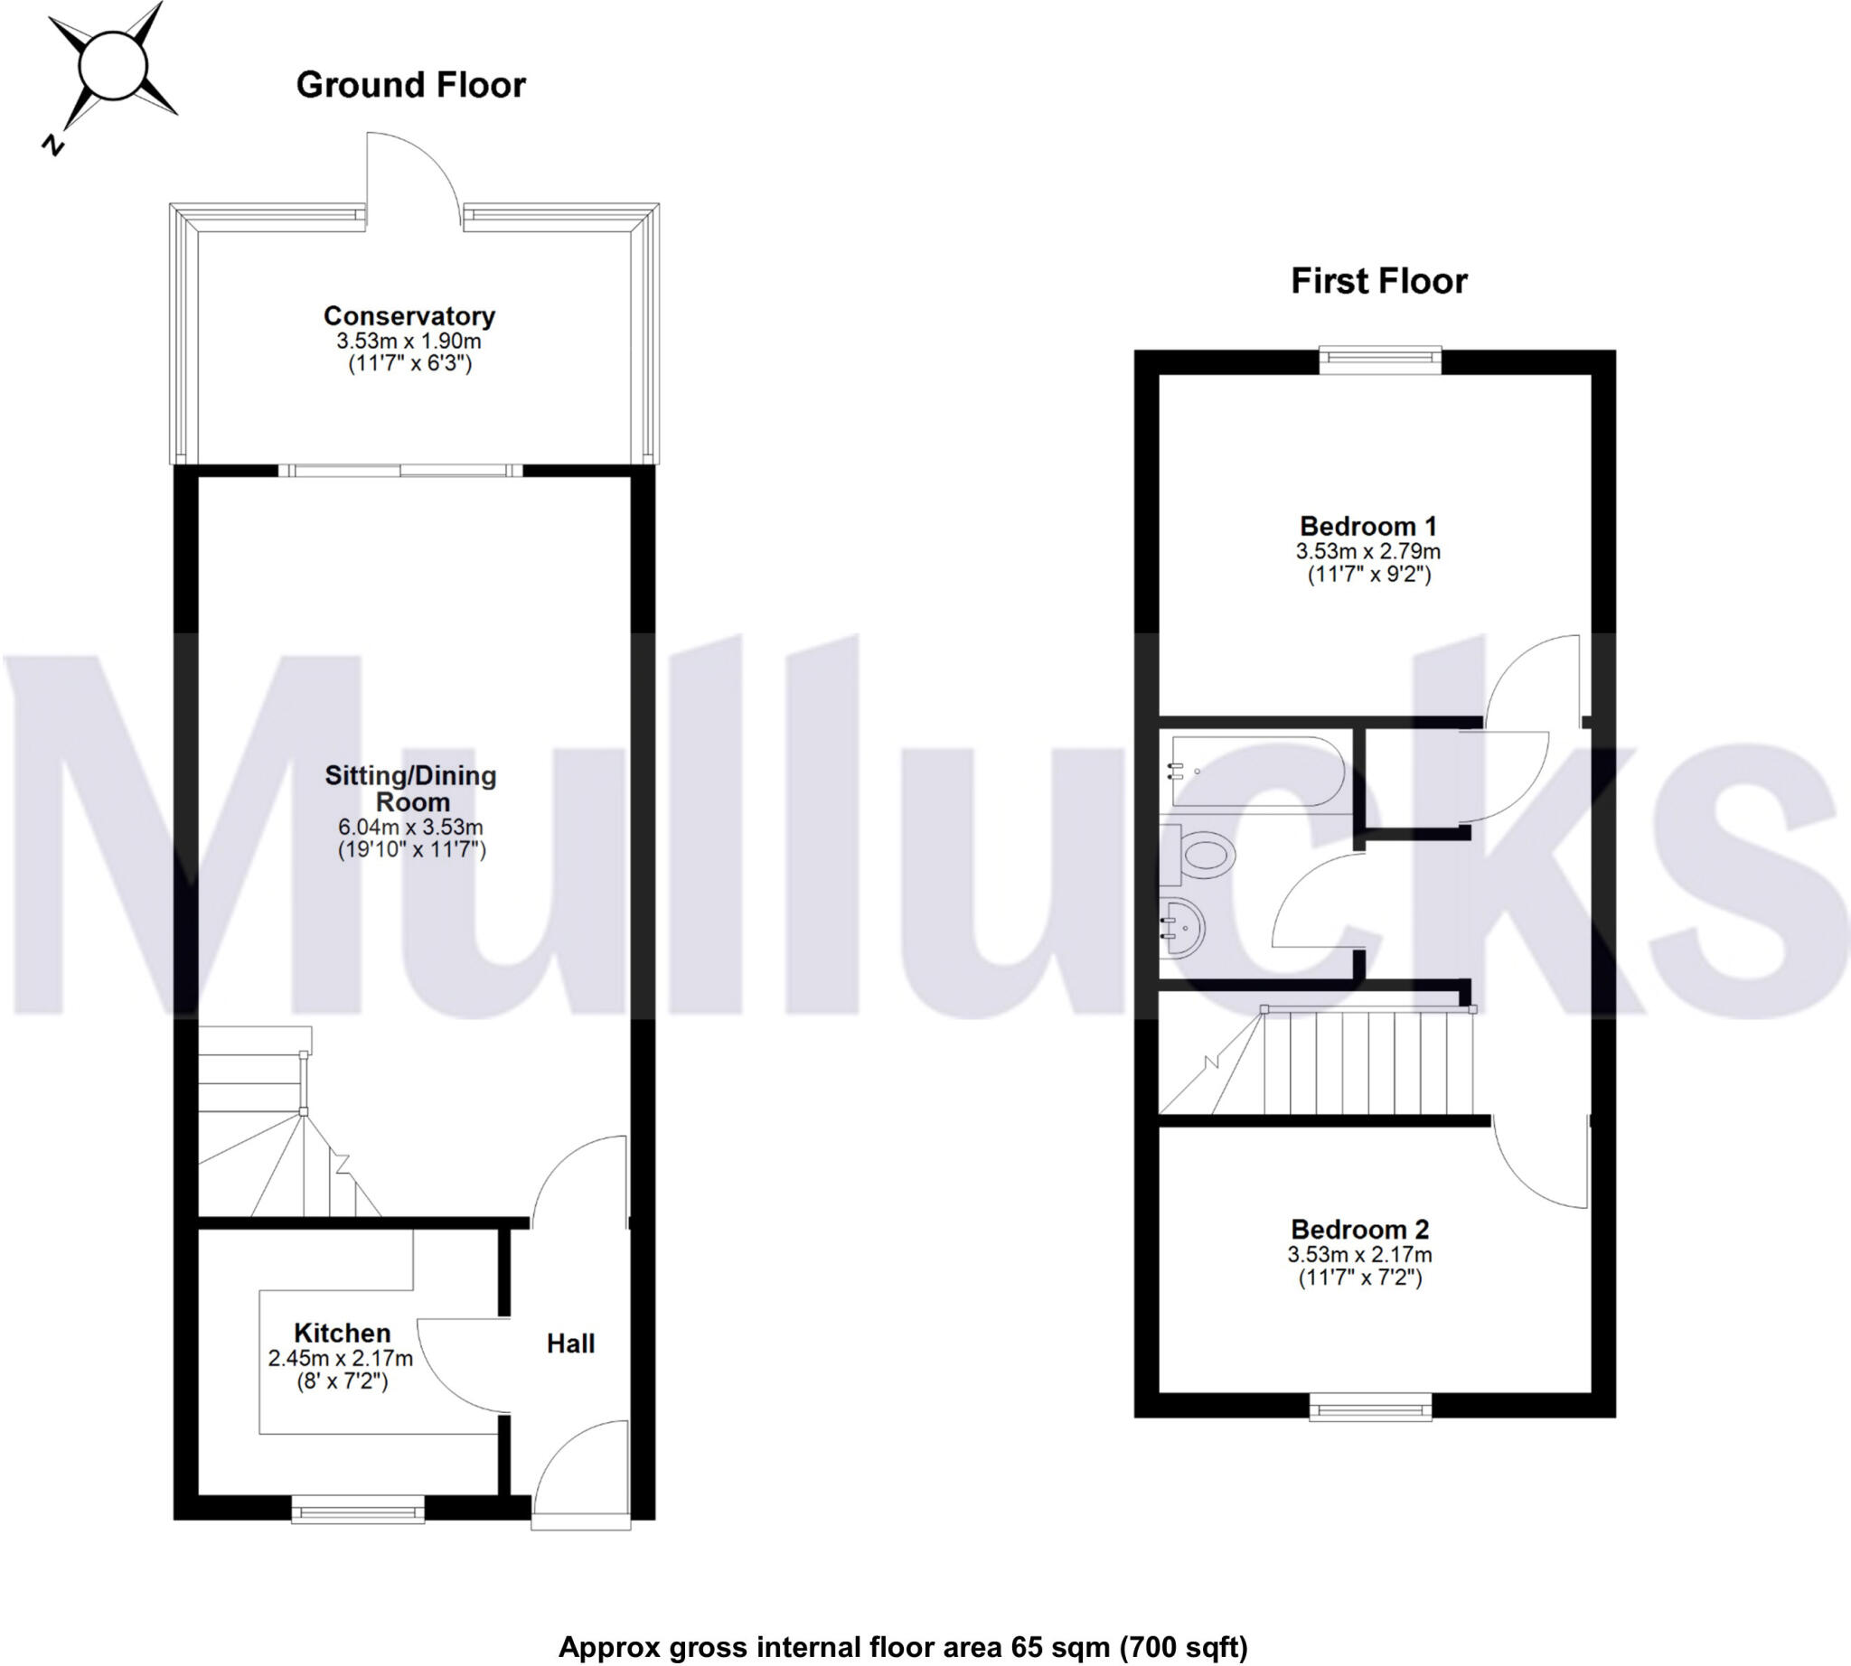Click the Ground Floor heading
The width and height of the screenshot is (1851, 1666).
coord(410,85)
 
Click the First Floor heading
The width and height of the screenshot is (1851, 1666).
coord(1378,281)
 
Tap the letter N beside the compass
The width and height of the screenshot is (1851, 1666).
coord(54,145)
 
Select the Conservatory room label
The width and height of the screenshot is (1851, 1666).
coord(409,316)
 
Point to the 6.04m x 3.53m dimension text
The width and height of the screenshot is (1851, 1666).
coord(410,827)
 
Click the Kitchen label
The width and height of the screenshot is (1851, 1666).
coord(342,1333)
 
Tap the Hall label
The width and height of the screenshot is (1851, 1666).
coord(570,1343)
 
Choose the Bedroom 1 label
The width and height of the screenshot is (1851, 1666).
coord(1367,527)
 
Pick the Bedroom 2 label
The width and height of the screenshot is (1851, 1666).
coord(1359,1230)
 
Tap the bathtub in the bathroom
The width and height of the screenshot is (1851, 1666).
coord(1254,771)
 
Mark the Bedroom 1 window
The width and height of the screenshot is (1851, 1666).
coord(1379,360)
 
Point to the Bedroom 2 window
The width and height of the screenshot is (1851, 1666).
coord(1370,1406)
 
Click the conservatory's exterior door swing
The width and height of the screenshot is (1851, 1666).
coord(412,179)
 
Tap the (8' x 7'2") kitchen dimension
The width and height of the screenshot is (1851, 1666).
coord(342,1381)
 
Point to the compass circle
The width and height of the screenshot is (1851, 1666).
coord(112,66)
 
